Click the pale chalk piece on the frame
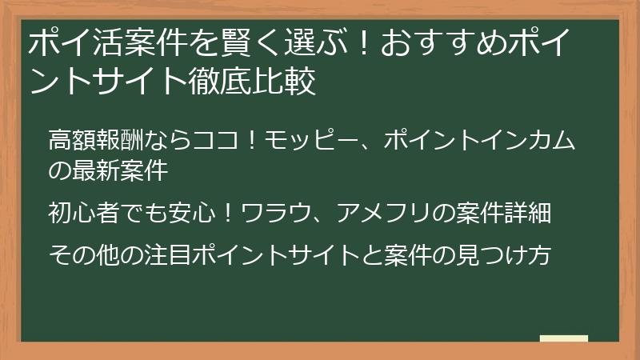click(x=563, y=338)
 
